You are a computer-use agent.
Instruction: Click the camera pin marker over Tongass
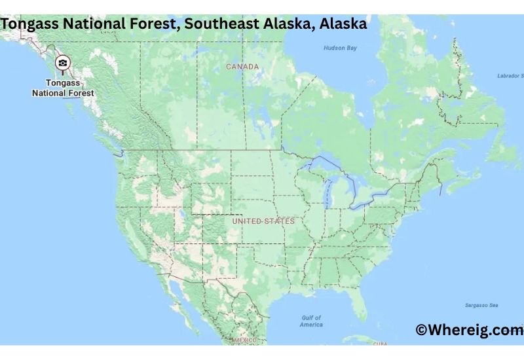pos(63,63)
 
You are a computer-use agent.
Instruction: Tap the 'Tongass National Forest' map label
pos(63,88)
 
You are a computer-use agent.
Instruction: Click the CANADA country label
pos(242,67)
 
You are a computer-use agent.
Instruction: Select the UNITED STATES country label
pos(263,221)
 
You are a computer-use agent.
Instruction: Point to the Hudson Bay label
pos(340,48)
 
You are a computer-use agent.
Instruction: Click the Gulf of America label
pos(311,321)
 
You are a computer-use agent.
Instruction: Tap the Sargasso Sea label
pos(481,305)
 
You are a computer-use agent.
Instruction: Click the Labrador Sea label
pos(510,76)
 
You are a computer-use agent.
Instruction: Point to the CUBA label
pos(381,343)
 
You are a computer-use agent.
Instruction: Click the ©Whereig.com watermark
pos(469,330)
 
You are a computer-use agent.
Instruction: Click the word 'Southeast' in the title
pos(220,24)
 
